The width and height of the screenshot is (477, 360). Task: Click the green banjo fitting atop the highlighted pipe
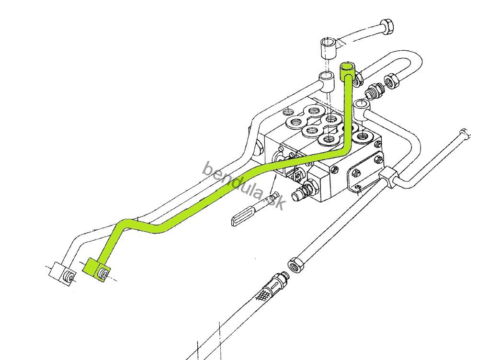[347, 70]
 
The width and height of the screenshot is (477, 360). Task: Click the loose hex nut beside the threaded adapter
[392, 81]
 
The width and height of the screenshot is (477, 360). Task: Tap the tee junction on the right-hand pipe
[389, 178]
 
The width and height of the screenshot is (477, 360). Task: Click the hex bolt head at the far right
[463, 134]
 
